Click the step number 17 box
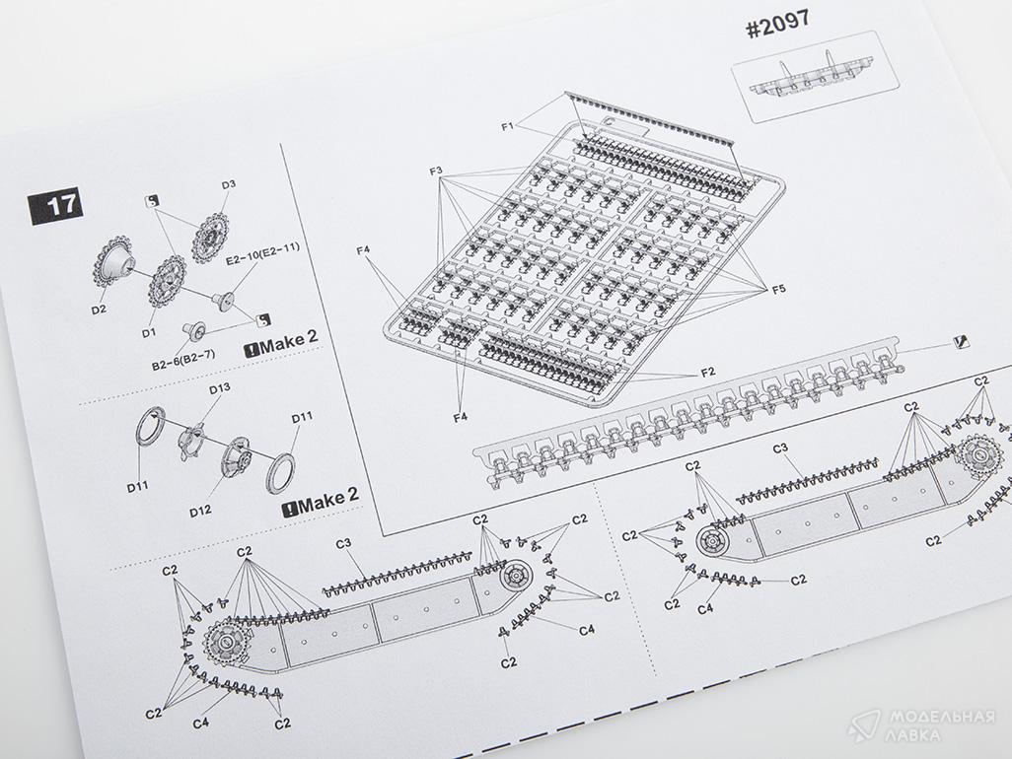point(55,206)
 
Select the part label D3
point(229,185)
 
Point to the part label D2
point(98,310)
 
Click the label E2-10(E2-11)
point(262,254)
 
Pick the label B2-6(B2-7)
point(183,360)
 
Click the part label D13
point(219,388)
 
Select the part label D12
point(200,511)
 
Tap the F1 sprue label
point(507,126)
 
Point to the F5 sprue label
point(779,289)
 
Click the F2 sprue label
point(708,372)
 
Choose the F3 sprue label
point(436,172)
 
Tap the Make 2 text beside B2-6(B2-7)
point(282,342)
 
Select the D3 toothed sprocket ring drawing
point(210,239)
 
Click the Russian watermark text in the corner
point(941,725)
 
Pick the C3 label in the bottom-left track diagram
point(343,543)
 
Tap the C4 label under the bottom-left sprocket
point(200,723)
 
